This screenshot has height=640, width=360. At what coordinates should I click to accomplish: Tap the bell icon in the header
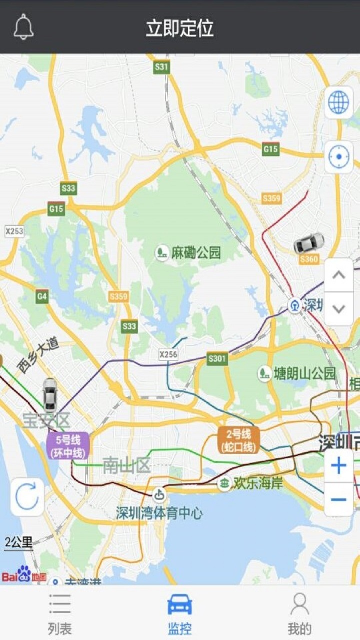[x=23, y=27]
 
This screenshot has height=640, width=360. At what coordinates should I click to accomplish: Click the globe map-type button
[x=338, y=103]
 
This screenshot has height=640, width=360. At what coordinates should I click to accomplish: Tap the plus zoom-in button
[x=338, y=466]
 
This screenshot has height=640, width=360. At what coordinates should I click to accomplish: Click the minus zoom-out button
[x=338, y=499]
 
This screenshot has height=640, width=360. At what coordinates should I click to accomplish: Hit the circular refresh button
[x=27, y=497]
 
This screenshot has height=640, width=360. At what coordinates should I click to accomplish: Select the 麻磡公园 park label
[x=189, y=253]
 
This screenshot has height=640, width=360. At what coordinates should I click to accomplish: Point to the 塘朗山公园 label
[x=298, y=373]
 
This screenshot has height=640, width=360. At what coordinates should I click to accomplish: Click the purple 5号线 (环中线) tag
[x=68, y=446]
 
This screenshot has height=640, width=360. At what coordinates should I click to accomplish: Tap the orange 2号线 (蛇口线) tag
[x=238, y=440]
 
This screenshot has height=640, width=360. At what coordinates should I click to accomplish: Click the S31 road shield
[x=161, y=66]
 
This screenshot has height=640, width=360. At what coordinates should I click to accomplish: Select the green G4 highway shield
[x=42, y=297]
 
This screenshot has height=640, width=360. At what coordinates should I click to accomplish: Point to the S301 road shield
[x=217, y=358]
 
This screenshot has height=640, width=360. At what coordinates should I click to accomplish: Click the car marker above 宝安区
[x=49, y=395]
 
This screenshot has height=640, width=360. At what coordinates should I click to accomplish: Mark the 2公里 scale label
[x=19, y=542]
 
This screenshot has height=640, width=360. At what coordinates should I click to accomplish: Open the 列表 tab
[x=60, y=614]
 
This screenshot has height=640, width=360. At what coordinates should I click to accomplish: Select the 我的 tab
[x=299, y=614]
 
